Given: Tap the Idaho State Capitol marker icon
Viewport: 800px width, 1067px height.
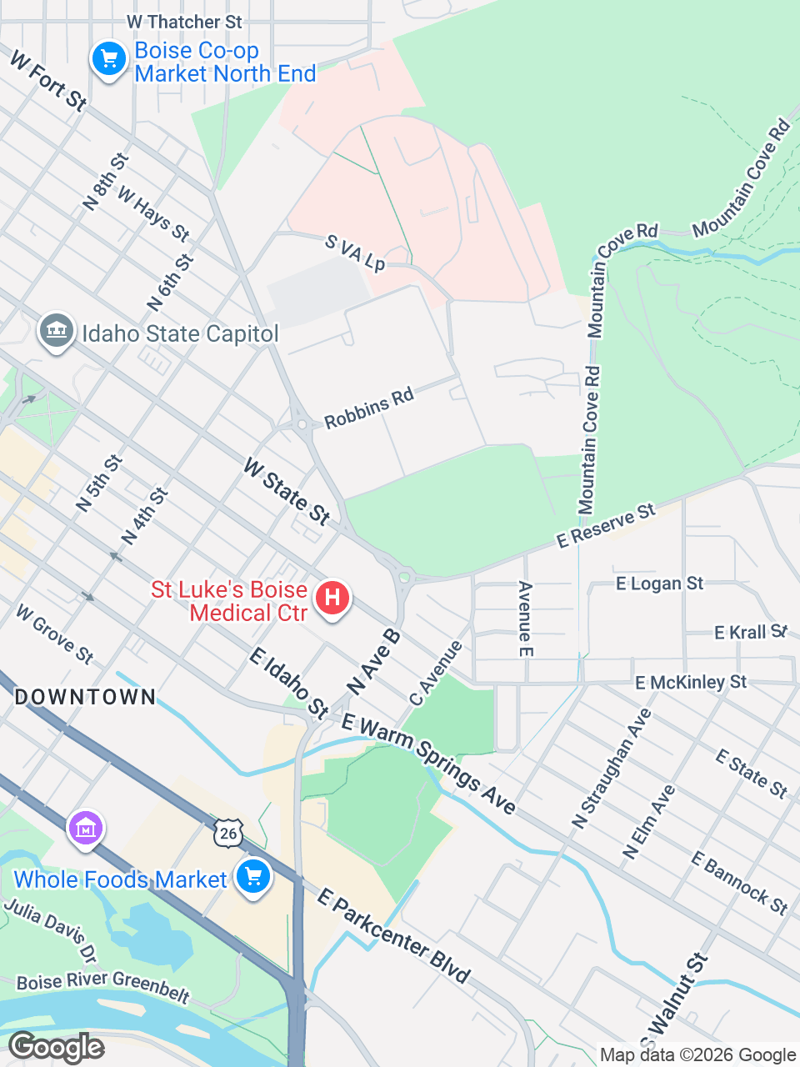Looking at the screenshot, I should [x=56, y=332].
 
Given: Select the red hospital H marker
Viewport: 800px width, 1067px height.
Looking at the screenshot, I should [x=332, y=598].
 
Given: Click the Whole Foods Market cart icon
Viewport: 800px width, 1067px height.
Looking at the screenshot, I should [x=253, y=877].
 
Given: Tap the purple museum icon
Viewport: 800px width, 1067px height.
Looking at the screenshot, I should [x=86, y=829].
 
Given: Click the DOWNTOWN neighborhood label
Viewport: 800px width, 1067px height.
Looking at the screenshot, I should [x=85, y=697].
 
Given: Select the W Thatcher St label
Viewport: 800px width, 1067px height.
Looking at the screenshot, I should [x=184, y=22].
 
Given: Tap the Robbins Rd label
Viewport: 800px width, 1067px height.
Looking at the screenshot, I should [x=368, y=408].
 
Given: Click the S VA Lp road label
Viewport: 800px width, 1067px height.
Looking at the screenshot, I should [x=355, y=253].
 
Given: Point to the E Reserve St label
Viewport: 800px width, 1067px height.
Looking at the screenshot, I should [x=606, y=525].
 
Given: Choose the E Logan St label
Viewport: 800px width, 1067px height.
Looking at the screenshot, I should [x=659, y=584].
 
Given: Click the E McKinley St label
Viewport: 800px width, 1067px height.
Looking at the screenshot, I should [x=691, y=683].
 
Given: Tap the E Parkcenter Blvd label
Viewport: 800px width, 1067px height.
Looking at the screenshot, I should [x=394, y=935].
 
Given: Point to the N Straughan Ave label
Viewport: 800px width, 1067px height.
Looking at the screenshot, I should [x=611, y=769].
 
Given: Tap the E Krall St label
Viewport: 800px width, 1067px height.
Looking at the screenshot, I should [x=750, y=632].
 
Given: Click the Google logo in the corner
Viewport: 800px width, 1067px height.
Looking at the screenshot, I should [x=56, y=1047].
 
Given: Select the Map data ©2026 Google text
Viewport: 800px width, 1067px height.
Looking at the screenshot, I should [x=697, y=1055].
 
